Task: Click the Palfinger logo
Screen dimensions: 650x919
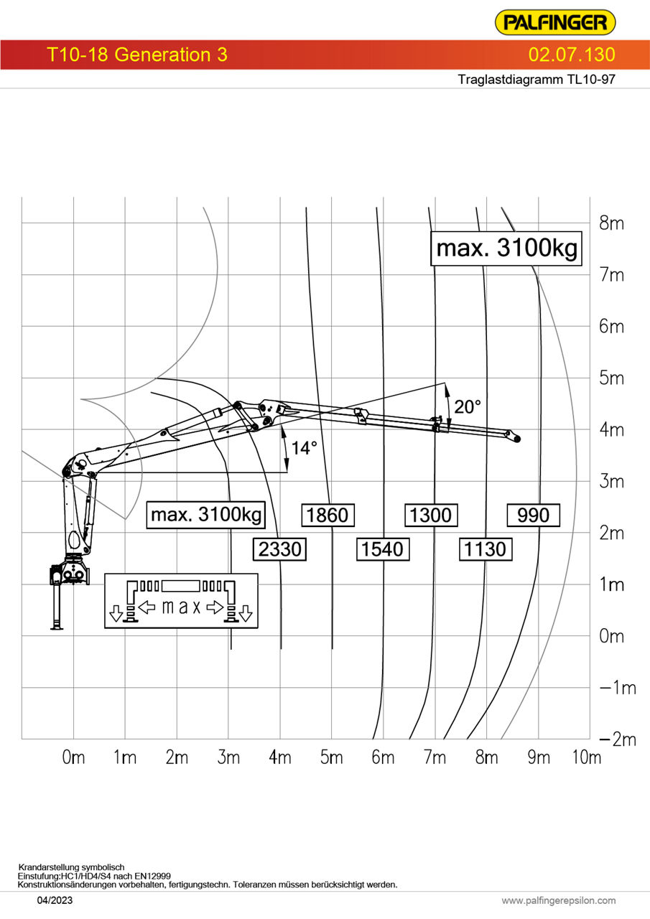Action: point(555,22)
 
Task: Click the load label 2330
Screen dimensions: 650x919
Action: point(280,549)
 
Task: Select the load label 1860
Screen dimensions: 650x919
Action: point(328,515)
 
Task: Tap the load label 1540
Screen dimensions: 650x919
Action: point(382,549)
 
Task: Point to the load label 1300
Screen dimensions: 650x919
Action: point(431,515)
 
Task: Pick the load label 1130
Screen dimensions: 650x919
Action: point(486,549)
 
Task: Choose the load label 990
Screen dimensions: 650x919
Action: point(534,515)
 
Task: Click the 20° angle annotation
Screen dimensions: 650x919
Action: point(468,407)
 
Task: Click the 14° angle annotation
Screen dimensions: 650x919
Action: point(304,448)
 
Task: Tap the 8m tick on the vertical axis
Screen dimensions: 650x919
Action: point(611,223)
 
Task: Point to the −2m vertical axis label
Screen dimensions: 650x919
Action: point(618,740)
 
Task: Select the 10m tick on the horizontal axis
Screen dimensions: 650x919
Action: point(587,757)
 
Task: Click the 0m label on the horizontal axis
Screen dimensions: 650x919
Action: point(73,757)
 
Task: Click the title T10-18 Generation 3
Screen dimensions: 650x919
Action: point(137,55)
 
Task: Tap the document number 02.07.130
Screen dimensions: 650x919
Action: point(572,55)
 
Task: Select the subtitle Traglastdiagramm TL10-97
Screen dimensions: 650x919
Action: point(537,79)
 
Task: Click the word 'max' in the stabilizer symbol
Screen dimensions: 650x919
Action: point(181,607)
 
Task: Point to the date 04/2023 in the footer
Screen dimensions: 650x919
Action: point(55,900)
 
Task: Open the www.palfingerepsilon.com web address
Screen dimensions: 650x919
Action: point(559,900)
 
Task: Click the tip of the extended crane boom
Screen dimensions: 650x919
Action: point(518,439)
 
